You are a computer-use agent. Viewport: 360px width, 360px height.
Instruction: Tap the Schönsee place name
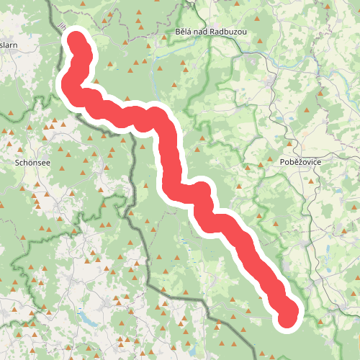tap(32, 163)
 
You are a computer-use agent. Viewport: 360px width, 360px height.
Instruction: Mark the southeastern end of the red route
tap(289, 316)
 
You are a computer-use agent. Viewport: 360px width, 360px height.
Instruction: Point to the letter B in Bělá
tap(178, 32)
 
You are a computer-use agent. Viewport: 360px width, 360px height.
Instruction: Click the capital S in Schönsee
tap(17, 163)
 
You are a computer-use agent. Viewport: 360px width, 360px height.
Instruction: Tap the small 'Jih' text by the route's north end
tap(57, 29)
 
